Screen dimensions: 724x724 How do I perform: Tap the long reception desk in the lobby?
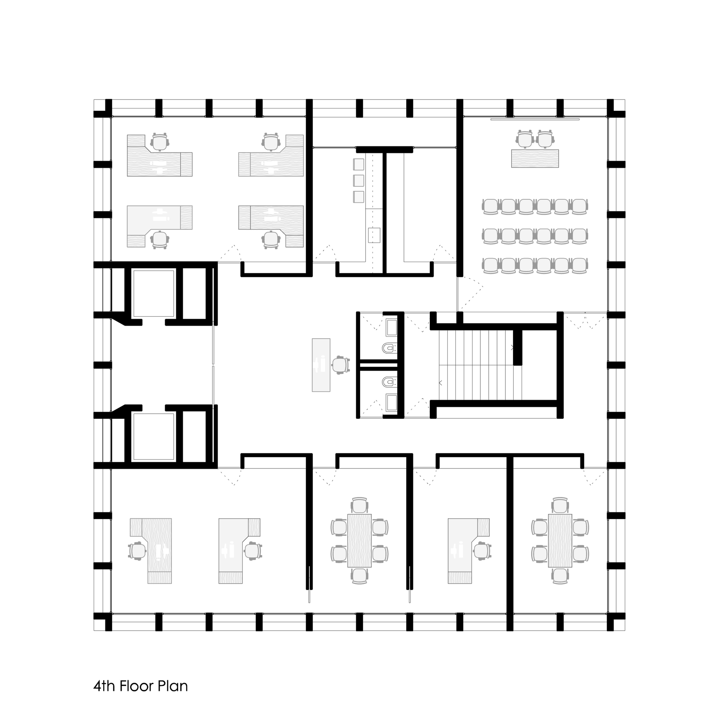pos(321,365)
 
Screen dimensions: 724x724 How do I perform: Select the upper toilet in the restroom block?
pos(389,349)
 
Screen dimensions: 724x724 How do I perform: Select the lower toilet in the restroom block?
pos(389,382)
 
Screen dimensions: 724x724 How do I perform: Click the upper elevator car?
pos(153,292)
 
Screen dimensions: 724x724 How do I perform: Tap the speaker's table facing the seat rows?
pos(535,158)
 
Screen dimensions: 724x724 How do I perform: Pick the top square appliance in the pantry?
pos(359,164)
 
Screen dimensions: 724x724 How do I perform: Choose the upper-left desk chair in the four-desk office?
pos(160,142)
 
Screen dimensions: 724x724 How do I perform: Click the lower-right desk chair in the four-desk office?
pos(271,240)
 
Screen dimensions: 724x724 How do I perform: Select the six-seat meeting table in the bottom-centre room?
pos(359,540)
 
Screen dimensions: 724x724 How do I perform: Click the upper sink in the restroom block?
pos(392,327)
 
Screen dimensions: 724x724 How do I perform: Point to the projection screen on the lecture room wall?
pos(535,119)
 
